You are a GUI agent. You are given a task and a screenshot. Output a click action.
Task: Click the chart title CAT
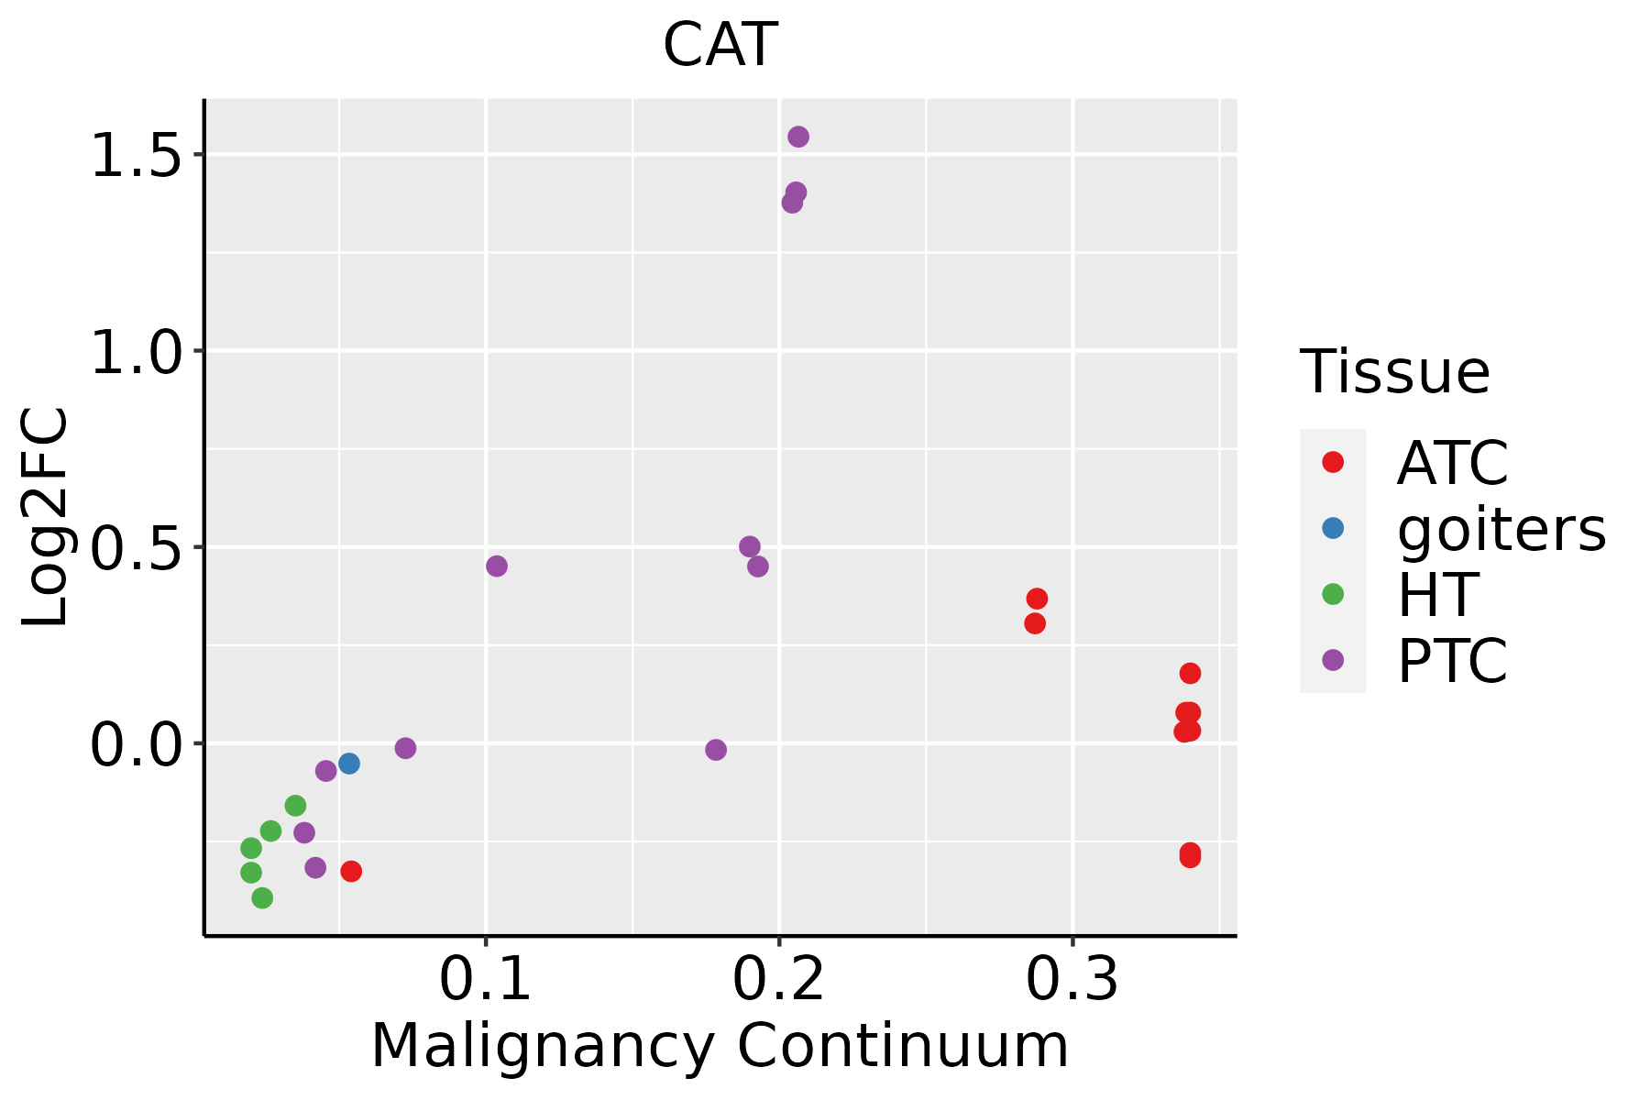pyautogui.click(x=720, y=45)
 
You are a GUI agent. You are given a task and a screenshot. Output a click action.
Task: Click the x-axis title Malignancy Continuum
pyautogui.click(x=720, y=1046)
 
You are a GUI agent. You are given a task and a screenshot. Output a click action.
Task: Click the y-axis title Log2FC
pyautogui.click(x=46, y=517)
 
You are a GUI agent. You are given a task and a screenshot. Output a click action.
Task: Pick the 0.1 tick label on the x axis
pyautogui.click(x=486, y=979)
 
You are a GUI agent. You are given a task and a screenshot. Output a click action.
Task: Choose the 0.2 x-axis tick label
pyautogui.click(x=778, y=979)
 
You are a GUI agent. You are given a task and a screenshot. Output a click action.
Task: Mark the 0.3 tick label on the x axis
pyautogui.click(x=1072, y=979)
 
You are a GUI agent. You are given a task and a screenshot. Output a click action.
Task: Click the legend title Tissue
pyautogui.click(x=1394, y=372)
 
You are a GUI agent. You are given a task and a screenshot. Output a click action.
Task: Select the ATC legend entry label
pyautogui.click(x=1451, y=463)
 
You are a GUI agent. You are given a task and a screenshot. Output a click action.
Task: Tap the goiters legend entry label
pyautogui.click(x=1501, y=529)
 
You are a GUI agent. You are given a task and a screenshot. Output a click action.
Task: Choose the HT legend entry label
pyautogui.click(x=1437, y=595)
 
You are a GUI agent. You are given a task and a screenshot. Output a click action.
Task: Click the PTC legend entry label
pyautogui.click(x=1451, y=661)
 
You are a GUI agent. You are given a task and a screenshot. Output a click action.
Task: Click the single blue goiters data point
pyautogui.click(x=348, y=764)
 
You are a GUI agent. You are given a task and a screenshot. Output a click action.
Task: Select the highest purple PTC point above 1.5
pyautogui.click(x=798, y=137)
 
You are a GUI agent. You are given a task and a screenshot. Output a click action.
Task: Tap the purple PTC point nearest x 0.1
pyautogui.click(x=497, y=566)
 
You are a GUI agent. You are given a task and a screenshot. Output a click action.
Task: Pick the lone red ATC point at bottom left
pyautogui.click(x=351, y=871)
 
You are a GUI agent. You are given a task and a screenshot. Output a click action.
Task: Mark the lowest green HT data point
pyautogui.click(x=262, y=897)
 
